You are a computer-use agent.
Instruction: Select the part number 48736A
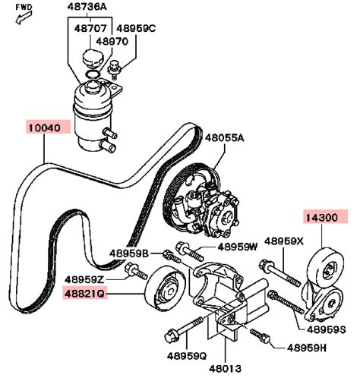87,7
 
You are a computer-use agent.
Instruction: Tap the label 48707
90,28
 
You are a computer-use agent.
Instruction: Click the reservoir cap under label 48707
93,59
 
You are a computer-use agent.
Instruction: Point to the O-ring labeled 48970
93,74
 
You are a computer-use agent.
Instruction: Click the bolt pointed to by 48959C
114,69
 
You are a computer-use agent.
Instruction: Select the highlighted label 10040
45,128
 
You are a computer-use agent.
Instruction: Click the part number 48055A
225,138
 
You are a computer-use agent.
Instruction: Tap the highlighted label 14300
321,218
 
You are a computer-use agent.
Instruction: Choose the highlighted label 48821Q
84,294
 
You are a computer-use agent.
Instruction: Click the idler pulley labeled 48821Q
166,288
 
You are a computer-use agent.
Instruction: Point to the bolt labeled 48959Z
136,272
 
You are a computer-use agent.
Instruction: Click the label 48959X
283,241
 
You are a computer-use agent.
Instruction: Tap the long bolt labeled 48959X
279,272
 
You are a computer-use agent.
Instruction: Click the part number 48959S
327,329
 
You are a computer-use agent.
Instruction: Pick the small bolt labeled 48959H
261,335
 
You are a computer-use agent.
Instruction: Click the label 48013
225,369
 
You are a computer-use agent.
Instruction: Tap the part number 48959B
129,253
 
